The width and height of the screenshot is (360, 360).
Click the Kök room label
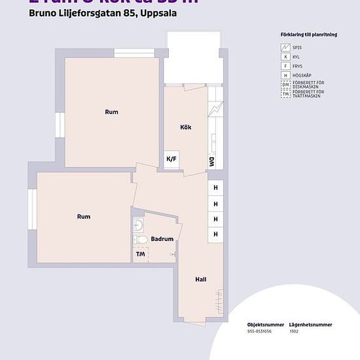pos(185,127)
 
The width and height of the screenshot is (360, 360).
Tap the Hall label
pos(201,279)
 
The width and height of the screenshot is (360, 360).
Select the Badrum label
pos(162,239)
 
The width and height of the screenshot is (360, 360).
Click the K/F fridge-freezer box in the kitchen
pos(171,159)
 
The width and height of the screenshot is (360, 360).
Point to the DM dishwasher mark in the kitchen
pos(211,160)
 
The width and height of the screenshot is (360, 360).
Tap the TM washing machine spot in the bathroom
pos(140,254)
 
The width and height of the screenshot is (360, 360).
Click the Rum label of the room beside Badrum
pos(83,217)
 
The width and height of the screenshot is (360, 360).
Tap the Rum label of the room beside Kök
pos(111,112)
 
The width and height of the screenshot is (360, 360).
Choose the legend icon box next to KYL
pos(285,57)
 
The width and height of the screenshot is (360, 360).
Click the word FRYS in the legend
pos(298,66)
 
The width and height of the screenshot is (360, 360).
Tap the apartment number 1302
pos(295,331)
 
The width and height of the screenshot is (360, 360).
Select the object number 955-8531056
pos(259,331)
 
